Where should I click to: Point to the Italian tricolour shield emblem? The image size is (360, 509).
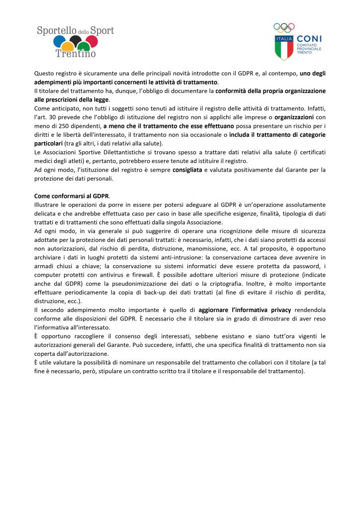click(284, 46)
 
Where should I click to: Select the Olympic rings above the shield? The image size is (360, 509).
click(284, 27)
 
